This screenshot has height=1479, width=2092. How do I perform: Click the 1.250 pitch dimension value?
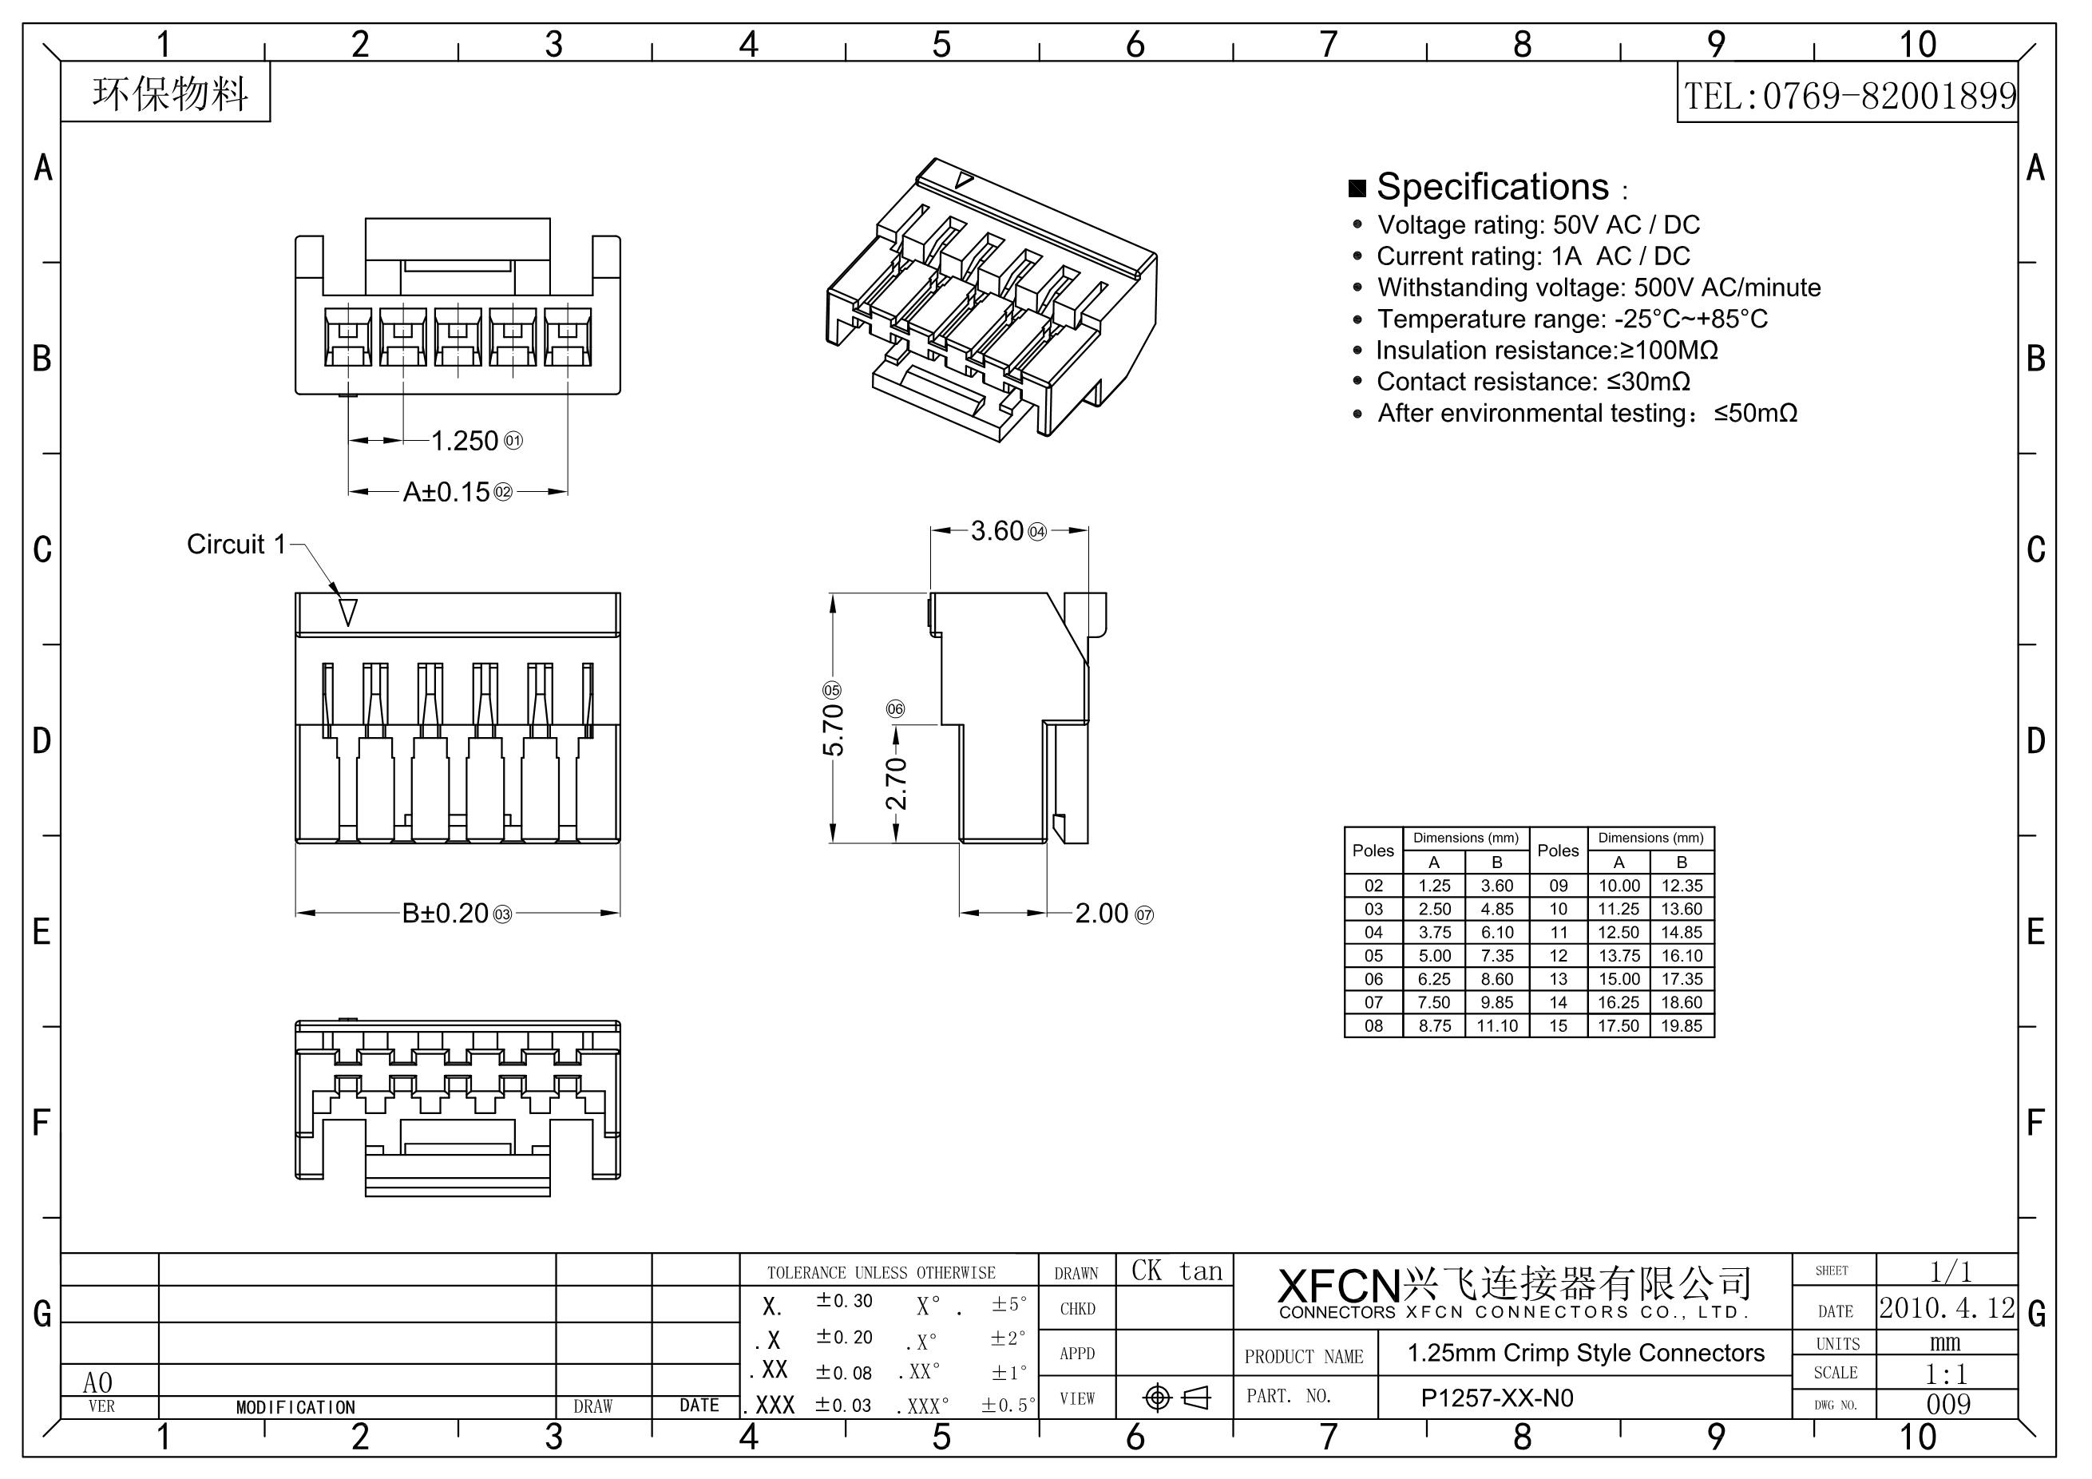pyautogui.click(x=465, y=441)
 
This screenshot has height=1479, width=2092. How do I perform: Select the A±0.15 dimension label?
pyautogui.click(x=447, y=492)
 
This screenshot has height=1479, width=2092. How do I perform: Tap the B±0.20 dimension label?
pyautogui.click(x=446, y=913)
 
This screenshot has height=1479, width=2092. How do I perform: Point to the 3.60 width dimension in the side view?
pyautogui.click(x=998, y=531)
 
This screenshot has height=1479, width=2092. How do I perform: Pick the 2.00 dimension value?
pyautogui.click(x=1102, y=913)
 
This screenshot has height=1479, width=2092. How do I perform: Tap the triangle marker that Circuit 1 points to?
pyautogui.click(x=348, y=612)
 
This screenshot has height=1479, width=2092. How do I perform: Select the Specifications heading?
pyautogui.click(x=1492, y=187)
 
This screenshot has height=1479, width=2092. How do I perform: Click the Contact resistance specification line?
pyautogui.click(x=1532, y=382)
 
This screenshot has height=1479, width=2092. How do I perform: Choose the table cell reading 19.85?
pyautogui.click(x=1681, y=1026)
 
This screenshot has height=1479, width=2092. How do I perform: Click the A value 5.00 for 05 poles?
pyautogui.click(x=1434, y=956)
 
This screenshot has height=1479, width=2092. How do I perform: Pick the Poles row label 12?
pyautogui.click(x=1558, y=956)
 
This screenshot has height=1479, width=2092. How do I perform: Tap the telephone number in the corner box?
pyautogui.click(x=1848, y=96)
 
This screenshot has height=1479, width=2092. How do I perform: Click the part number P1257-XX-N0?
pyautogui.click(x=1497, y=1399)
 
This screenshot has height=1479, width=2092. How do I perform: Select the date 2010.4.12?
pyautogui.click(x=1947, y=1309)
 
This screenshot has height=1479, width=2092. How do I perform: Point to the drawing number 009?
pyautogui.click(x=1948, y=1404)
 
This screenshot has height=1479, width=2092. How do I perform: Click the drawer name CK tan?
pyautogui.click(x=1176, y=1271)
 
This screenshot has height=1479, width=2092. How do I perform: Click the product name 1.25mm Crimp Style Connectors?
pyautogui.click(x=1586, y=1354)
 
